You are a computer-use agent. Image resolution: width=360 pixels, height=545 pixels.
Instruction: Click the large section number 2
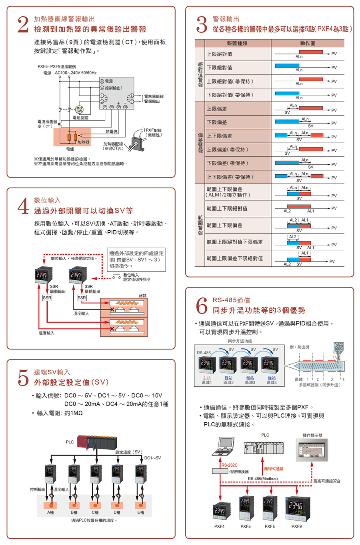pyautogui.click(x=23, y=24)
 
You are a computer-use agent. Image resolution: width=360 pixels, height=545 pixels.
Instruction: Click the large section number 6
pyautogui.click(x=202, y=305)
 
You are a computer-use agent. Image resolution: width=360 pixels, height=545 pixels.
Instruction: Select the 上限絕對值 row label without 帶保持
pyautogui.click(x=219, y=54)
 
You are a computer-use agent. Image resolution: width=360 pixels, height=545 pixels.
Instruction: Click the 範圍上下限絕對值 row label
pyautogui.click(x=227, y=208)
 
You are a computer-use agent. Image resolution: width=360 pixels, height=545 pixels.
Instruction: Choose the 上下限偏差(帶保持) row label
pyautogui.click(x=230, y=177)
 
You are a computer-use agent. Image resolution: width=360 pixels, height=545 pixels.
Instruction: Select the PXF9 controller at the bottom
pyautogui.click(x=296, y=509)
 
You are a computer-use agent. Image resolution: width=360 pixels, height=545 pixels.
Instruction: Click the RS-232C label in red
pyautogui.click(x=229, y=465)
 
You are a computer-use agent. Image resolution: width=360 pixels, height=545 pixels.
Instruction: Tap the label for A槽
pyautogui.click(x=50, y=512)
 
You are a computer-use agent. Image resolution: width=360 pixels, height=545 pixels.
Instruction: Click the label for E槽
pyautogui.click(x=140, y=512)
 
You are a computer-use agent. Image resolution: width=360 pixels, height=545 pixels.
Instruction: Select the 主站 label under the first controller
pyautogui.click(x=207, y=378)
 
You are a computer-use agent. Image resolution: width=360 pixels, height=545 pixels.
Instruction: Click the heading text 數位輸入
pyautogui.click(x=47, y=200)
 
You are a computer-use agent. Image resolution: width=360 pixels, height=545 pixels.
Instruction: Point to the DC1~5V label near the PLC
pyautogui.click(x=152, y=458)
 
